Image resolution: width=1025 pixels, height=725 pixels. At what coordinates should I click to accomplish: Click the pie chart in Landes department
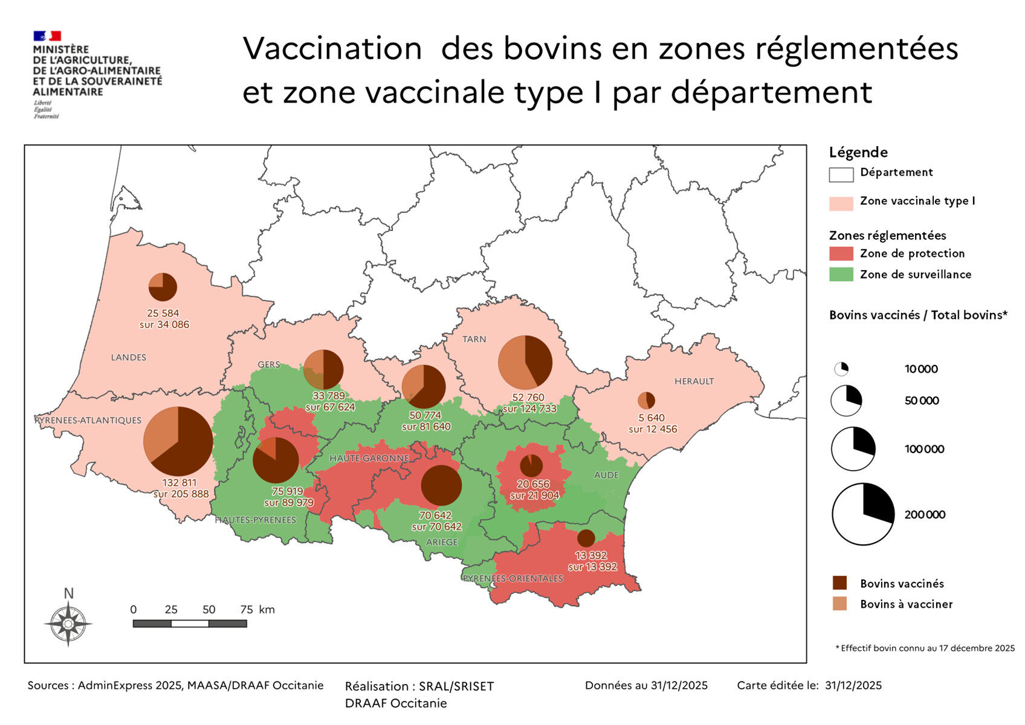[163, 286]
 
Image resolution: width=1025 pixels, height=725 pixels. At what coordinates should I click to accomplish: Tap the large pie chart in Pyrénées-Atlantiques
[178, 441]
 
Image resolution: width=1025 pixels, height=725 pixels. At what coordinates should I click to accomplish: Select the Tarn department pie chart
[525, 362]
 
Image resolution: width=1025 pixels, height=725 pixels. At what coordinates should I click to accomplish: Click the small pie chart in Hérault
[646, 400]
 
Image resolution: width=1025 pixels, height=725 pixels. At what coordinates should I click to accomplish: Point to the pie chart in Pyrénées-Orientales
[586, 538]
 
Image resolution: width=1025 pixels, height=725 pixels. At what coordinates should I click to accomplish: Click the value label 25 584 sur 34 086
[164, 319]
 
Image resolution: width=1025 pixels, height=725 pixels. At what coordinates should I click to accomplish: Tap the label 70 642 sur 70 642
[436, 521]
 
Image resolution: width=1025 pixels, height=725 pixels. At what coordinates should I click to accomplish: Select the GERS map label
[269, 364]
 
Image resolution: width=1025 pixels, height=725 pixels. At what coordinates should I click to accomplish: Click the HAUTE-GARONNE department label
[369, 459]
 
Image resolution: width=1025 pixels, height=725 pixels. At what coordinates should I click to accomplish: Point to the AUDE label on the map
[606, 475]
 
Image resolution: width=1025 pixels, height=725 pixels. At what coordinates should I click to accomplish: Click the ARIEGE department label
[442, 542]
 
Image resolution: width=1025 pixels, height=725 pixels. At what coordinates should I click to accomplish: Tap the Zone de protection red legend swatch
[841, 254]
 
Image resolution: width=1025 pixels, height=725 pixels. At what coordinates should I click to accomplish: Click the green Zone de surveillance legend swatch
[841, 274]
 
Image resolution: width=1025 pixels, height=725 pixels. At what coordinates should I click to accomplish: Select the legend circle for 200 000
[862, 514]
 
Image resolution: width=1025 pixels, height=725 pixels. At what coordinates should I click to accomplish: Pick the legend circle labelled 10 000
[841, 369]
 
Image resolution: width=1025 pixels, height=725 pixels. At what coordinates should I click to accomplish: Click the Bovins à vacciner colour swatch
[839, 604]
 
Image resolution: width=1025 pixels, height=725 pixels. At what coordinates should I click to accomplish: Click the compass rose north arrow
[68, 622]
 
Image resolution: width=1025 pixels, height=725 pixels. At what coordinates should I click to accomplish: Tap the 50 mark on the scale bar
[209, 610]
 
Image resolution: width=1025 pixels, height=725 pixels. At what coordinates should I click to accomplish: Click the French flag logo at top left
[47, 36]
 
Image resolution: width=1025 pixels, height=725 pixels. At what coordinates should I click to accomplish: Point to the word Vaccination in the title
[332, 49]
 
